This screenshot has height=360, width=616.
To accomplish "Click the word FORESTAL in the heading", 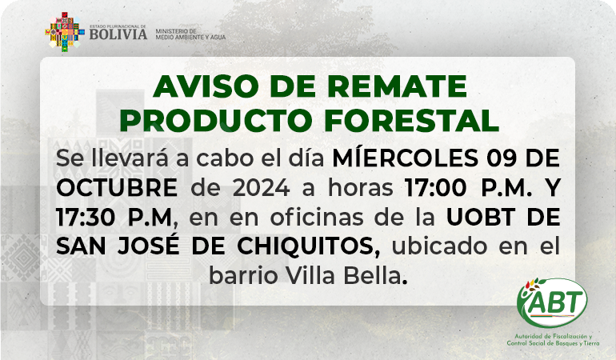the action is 411,120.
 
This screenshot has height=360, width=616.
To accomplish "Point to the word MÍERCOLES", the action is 406,158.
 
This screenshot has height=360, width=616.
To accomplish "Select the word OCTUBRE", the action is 117,187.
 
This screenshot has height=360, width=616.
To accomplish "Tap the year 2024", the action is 262,187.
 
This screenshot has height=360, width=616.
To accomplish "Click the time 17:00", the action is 436,187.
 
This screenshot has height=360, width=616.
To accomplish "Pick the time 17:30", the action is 86,217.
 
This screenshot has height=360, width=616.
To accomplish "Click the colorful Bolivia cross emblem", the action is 65,32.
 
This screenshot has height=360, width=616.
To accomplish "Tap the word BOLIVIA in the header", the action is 118,34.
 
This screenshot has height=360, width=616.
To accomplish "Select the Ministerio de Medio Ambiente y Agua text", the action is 190,34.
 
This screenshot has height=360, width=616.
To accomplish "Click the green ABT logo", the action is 551,302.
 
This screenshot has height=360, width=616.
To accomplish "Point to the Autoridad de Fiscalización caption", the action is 553,340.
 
